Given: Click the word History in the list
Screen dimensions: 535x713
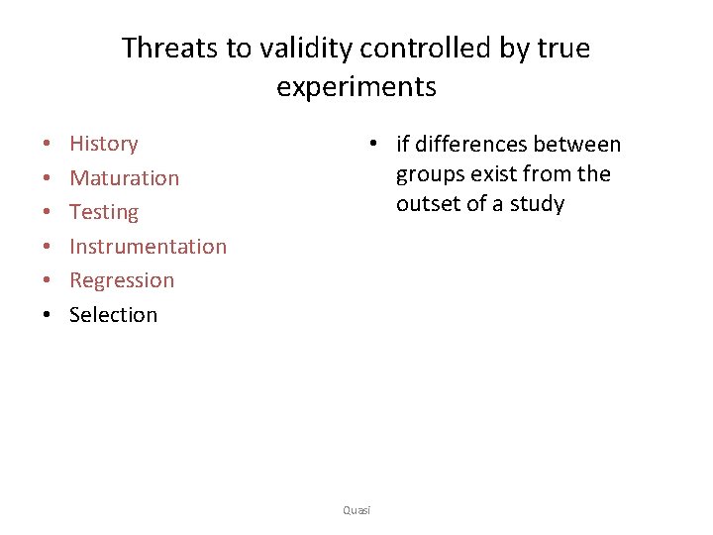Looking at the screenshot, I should [x=103, y=144].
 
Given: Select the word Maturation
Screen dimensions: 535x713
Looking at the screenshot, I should [x=124, y=178].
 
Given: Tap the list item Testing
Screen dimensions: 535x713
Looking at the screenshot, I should [x=103, y=212].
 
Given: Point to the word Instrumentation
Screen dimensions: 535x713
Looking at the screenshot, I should [x=148, y=247].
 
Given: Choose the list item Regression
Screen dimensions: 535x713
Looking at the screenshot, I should [x=121, y=280].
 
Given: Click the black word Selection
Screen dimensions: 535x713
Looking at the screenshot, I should [x=113, y=315].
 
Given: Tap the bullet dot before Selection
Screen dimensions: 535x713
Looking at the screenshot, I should [x=47, y=315].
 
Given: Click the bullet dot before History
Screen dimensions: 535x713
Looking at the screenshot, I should [x=47, y=145].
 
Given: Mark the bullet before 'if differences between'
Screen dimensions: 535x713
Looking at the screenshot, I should [x=370, y=145].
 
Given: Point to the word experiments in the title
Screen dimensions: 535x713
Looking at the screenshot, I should [x=356, y=87].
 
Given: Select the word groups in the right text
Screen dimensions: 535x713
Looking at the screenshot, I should [x=430, y=175].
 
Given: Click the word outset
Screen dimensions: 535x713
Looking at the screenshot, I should [x=430, y=205].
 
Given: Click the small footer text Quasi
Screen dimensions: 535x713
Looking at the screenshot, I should [x=356, y=510].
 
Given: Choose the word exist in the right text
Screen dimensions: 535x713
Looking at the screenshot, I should [x=492, y=175].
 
